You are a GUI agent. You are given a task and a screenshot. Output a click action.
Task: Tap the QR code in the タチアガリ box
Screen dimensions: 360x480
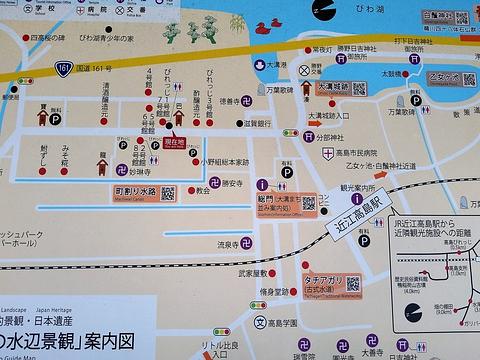coord(353,284)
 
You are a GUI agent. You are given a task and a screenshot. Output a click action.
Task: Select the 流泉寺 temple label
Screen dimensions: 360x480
coord(203,243)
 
